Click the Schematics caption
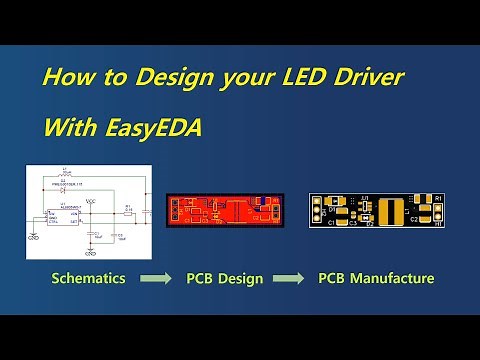[88, 278]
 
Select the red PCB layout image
[223, 212]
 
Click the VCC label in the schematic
[91, 201]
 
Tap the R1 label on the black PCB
[438, 198]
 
